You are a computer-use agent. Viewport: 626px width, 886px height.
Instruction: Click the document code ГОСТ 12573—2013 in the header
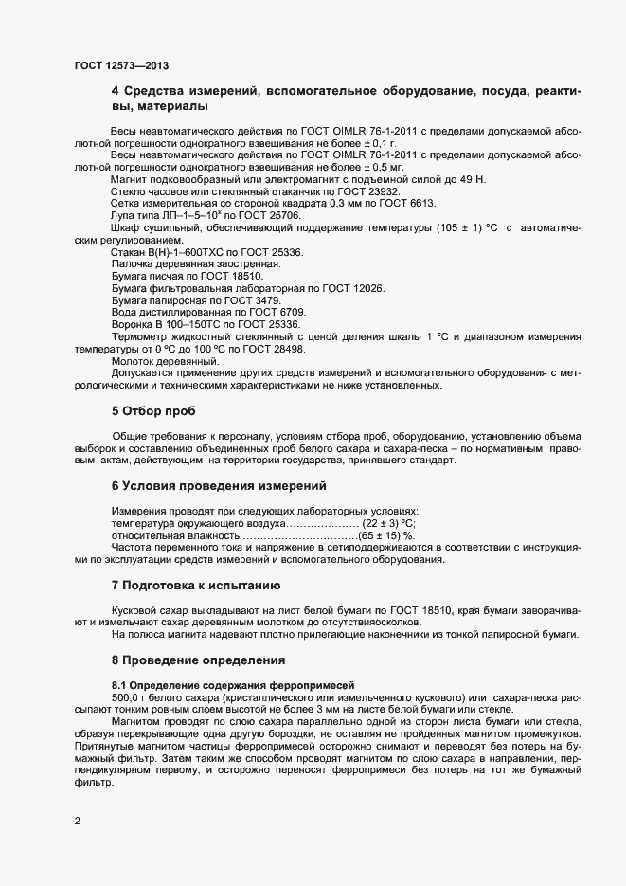pyautogui.click(x=121, y=65)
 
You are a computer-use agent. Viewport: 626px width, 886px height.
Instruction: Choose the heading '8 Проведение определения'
pyautogui.click(x=198, y=659)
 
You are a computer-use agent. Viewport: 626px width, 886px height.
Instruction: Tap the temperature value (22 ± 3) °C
pyautogui.click(x=387, y=523)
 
